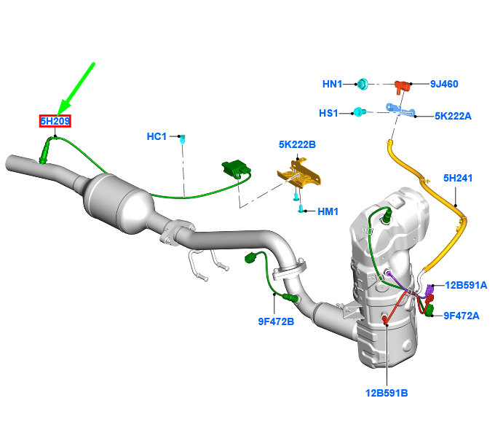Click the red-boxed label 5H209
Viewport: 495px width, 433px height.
pos(55,121)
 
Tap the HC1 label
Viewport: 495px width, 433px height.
pos(157,136)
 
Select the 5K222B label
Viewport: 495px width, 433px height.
pos(297,145)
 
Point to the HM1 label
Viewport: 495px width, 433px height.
pos(328,211)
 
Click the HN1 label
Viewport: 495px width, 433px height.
pos(332,84)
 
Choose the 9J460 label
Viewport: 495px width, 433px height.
pos(443,84)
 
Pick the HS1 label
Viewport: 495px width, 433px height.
pos(329,113)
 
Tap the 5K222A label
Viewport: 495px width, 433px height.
pos(453,115)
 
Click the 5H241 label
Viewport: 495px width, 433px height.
pos(458,176)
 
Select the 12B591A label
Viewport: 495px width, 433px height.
pos(466,284)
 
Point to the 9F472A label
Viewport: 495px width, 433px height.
pos(462,316)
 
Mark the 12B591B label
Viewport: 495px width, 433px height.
pos(386,393)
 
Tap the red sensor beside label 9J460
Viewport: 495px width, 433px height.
pos(401,86)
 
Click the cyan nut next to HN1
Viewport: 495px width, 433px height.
pos(363,85)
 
